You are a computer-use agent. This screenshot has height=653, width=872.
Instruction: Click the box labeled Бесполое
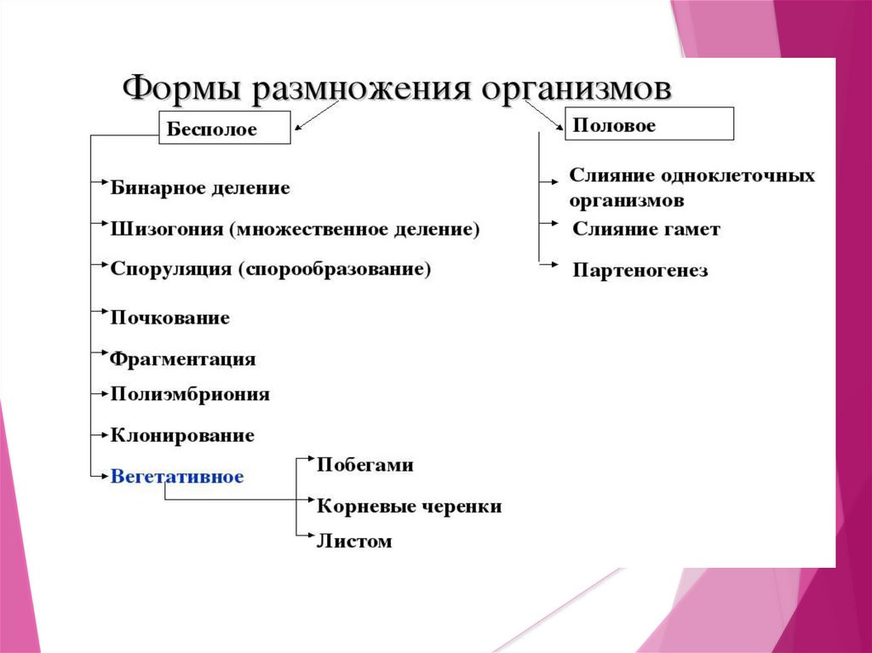[224, 129]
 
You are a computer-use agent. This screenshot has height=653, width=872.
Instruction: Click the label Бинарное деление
[200, 188]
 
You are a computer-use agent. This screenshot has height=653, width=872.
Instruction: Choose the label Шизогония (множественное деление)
[295, 229]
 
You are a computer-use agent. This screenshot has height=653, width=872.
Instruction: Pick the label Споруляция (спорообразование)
[271, 269]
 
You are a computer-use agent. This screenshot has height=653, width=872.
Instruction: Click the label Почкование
[170, 318]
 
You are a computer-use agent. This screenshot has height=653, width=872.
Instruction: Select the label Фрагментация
[183, 358]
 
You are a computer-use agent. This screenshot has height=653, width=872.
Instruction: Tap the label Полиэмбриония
[190, 394]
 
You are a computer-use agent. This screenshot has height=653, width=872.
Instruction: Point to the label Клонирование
[182, 435]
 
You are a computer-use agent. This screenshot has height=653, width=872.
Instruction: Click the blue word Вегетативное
[177, 477]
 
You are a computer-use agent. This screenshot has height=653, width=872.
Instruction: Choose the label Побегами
[364, 465]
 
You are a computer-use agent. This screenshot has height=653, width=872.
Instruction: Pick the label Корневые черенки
[409, 507]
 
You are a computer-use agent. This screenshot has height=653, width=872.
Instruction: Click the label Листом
[354, 541]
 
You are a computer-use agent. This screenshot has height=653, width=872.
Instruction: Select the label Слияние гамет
[646, 229]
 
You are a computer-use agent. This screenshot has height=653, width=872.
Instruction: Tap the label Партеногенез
[640, 272]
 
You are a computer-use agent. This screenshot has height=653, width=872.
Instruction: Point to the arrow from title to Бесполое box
[317, 117]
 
